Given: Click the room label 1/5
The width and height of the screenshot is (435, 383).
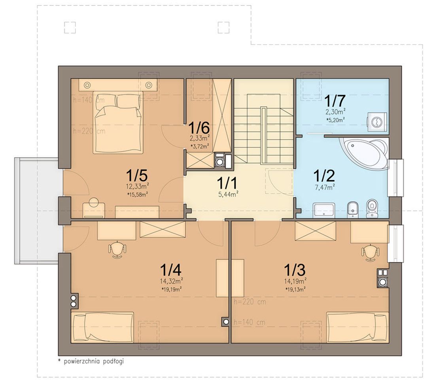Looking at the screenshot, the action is pos(136,175).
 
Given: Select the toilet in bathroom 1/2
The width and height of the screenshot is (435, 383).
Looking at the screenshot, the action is pos(371,208).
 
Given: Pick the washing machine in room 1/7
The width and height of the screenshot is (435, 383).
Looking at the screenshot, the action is pos(377,122).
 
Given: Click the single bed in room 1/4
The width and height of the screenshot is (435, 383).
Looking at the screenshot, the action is pos(103,327).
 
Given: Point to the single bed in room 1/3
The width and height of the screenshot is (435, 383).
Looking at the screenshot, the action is pos(357,327).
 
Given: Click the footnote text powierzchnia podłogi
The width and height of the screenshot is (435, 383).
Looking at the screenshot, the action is pos(94,361).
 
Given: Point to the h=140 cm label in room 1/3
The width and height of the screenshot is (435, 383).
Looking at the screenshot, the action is pos(250,322).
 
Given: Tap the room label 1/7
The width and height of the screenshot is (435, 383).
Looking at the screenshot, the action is pos(335,101).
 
